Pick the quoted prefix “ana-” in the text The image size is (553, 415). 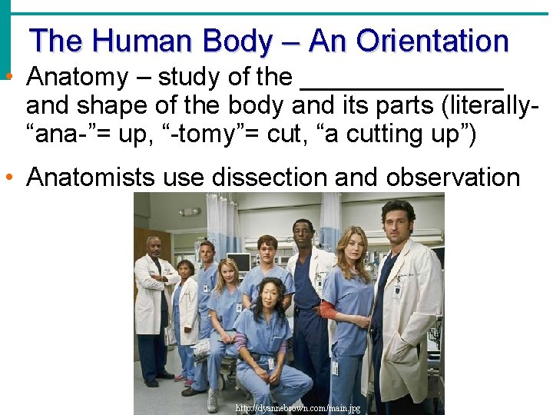point(61,134)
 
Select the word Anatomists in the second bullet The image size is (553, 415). point(91,178)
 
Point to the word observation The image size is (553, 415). point(452,178)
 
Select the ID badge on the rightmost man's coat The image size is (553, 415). point(397,291)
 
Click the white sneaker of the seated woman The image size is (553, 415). point(212,401)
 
